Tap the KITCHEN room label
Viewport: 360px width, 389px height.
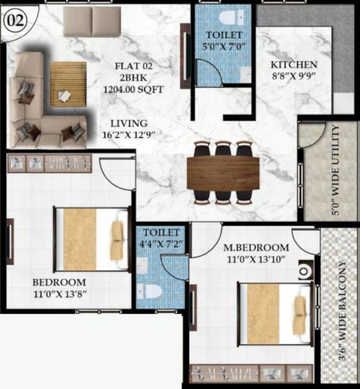[x=294, y=65]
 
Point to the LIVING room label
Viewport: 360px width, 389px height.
[x=129, y=123]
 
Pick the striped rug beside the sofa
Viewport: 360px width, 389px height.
[x=67, y=84]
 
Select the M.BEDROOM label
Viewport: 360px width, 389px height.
[x=256, y=248]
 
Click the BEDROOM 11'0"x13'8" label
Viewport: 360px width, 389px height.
[x=60, y=283]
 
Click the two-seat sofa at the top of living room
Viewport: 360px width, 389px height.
[x=92, y=21]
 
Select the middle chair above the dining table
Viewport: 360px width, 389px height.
[x=222, y=148]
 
